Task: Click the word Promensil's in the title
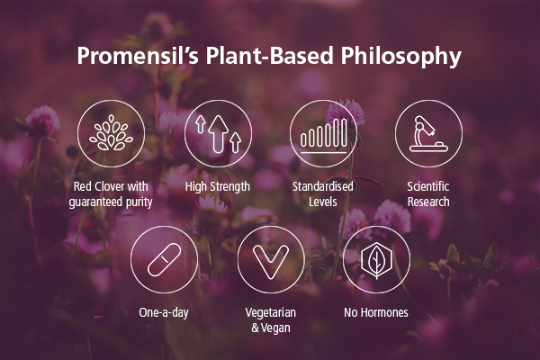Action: (138, 56)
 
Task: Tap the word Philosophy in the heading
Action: (401, 56)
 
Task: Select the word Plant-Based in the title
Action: (270, 55)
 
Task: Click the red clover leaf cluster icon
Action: (111, 132)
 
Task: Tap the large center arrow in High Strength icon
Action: (218, 134)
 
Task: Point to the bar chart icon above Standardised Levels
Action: (324, 135)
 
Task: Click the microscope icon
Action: (428, 134)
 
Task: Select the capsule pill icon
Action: (165, 260)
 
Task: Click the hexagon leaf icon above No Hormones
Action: (376, 259)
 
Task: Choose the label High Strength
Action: (218, 186)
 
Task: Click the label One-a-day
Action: (164, 313)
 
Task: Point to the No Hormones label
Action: (376, 312)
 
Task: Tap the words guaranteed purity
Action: (111, 202)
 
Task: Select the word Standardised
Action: (323, 186)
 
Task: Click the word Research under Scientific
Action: (428, 202)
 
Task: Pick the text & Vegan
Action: (271, 328)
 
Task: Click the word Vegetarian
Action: (271, 312)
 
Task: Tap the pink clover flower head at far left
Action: (42, 121)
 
